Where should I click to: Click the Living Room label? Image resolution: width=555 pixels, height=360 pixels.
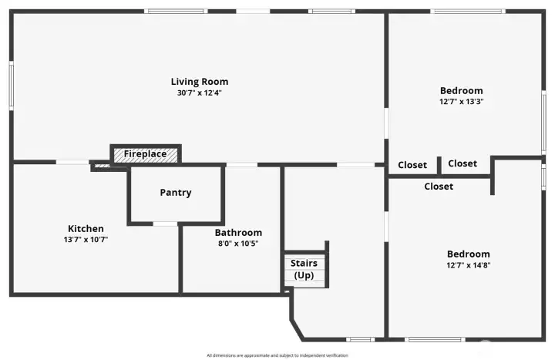(199, 82)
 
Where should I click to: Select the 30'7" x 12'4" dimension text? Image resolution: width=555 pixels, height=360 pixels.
(199, 93)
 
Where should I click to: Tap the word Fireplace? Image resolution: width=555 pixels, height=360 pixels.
(145, 154)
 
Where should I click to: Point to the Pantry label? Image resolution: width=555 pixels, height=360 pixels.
(175, 193)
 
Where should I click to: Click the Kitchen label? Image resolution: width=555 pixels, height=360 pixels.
(86, 228)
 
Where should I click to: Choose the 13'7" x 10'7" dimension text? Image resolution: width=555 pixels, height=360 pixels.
(86, 239)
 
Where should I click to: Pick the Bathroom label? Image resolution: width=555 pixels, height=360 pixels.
(238, 233)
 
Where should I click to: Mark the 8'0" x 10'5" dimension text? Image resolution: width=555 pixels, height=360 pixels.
(238, 244)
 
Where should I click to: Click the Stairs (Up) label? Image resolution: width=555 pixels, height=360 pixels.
(303, 269)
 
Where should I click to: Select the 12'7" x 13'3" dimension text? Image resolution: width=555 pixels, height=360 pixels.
(461, 101)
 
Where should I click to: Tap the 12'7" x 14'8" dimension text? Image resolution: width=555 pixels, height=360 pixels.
(468, 265)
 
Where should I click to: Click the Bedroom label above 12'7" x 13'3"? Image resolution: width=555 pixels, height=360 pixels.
(461, 90)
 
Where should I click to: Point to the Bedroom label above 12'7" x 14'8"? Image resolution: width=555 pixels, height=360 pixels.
(468, 254)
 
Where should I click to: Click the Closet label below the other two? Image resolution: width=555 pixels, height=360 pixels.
(439, 187)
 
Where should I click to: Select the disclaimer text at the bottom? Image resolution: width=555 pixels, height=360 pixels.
(277, 355)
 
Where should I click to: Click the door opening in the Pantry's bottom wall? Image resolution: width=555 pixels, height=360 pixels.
(165, 224)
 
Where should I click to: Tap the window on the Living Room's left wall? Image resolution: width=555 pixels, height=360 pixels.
(12, 85)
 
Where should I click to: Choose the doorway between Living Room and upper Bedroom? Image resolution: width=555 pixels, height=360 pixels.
(386, 123)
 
